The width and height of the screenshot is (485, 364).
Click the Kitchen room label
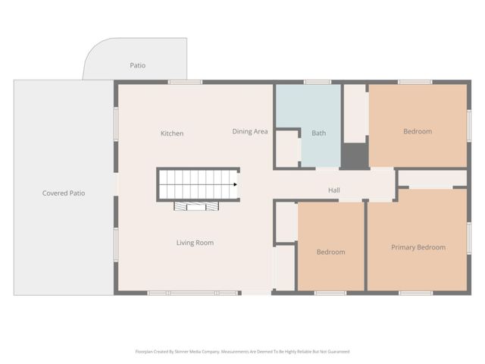pos(172,133)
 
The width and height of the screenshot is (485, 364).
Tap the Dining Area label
pos(250,131)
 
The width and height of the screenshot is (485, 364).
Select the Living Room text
pos(195,243)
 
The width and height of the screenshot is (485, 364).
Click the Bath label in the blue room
pos(319,133)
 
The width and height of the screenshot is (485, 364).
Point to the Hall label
pos(333,190)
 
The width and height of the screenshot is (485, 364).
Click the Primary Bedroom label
pos(418,247)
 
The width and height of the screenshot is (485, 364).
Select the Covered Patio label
pos(64,193)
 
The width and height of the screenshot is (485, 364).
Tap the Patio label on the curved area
pos(137,65)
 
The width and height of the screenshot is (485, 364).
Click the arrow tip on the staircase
pos(236,184)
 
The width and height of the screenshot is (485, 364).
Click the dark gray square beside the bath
pos(354,156)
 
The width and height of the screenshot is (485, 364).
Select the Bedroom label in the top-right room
pos(418,131)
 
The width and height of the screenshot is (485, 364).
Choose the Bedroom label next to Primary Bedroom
pos(330,252)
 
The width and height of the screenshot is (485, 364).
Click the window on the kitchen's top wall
pos(185,82)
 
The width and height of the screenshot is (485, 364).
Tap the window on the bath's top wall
pos(317,82)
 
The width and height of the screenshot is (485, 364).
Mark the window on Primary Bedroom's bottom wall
pos(416,293)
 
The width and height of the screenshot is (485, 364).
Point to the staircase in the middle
pos(198,184)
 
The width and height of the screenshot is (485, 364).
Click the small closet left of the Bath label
pos(287,149)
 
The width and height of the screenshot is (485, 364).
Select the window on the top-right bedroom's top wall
pos(415,82)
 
